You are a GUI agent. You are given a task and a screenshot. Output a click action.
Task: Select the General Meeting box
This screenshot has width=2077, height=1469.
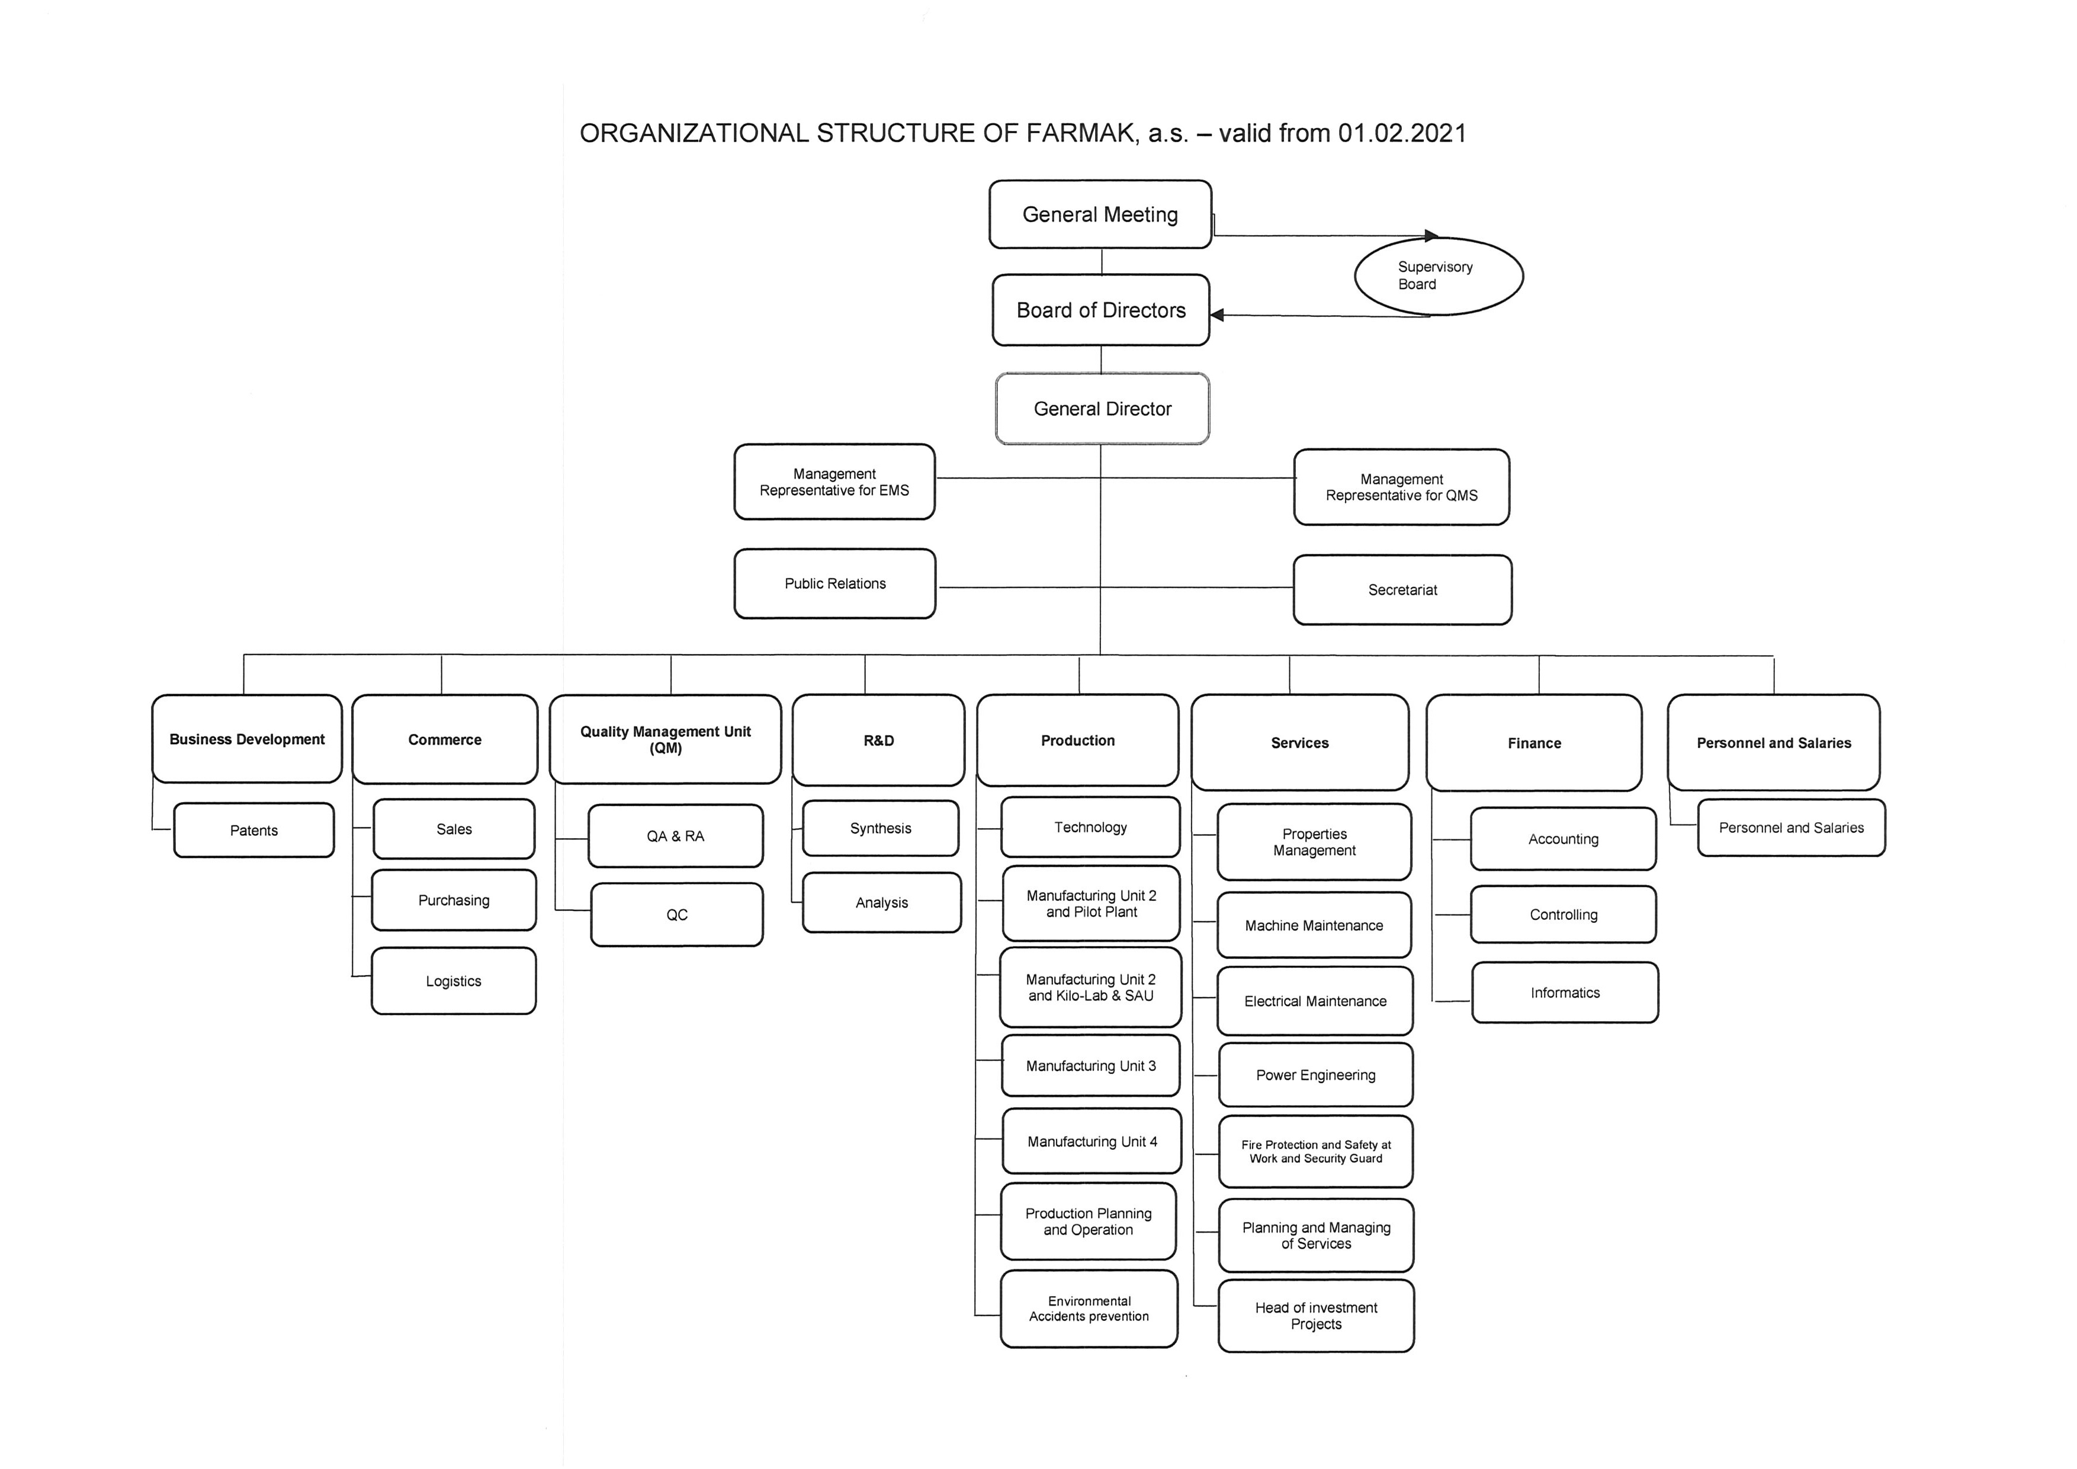point(1100,214)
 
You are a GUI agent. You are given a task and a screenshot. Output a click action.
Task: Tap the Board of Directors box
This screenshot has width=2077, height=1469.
point(1101,310)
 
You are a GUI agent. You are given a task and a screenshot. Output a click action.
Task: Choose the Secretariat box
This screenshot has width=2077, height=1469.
point(1402,590)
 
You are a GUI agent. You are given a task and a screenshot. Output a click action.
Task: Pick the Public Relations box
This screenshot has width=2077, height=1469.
point(835,583)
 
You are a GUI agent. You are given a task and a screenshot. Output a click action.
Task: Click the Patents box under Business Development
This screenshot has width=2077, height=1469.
point(253,830)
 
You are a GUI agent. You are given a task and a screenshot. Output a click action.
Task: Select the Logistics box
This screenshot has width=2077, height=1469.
point(453,980)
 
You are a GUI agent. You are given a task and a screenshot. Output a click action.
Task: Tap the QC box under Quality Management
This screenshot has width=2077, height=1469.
point(677,915)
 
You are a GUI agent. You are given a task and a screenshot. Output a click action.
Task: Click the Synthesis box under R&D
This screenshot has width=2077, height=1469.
point(880,827)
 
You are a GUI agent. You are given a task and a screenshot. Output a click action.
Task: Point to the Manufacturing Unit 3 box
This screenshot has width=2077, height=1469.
point(1091,1066)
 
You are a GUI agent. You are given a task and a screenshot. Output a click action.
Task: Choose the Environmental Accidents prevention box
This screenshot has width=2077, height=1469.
point(1089,1309)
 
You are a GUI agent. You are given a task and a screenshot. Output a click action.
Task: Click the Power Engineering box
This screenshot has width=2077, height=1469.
point(1315,1075)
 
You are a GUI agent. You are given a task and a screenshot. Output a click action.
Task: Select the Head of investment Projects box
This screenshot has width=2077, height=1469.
point(1316,1315)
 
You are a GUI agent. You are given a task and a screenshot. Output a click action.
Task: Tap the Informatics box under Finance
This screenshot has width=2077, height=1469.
point(1565,992)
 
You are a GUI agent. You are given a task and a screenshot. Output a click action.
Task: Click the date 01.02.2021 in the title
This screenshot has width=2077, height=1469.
point(1402,133)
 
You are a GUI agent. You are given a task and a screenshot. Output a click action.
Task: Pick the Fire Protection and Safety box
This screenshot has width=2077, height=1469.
point(1315,1152)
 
